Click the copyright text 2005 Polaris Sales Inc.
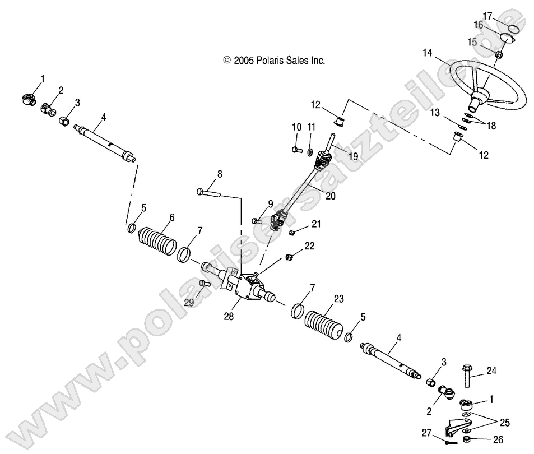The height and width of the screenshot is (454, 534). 274,60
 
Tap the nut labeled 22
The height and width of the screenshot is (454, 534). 289,257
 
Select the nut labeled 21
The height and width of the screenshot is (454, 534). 276,232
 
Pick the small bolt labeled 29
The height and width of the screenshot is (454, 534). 204,284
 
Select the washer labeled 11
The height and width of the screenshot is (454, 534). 309,151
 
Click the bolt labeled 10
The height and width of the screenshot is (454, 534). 296,150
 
